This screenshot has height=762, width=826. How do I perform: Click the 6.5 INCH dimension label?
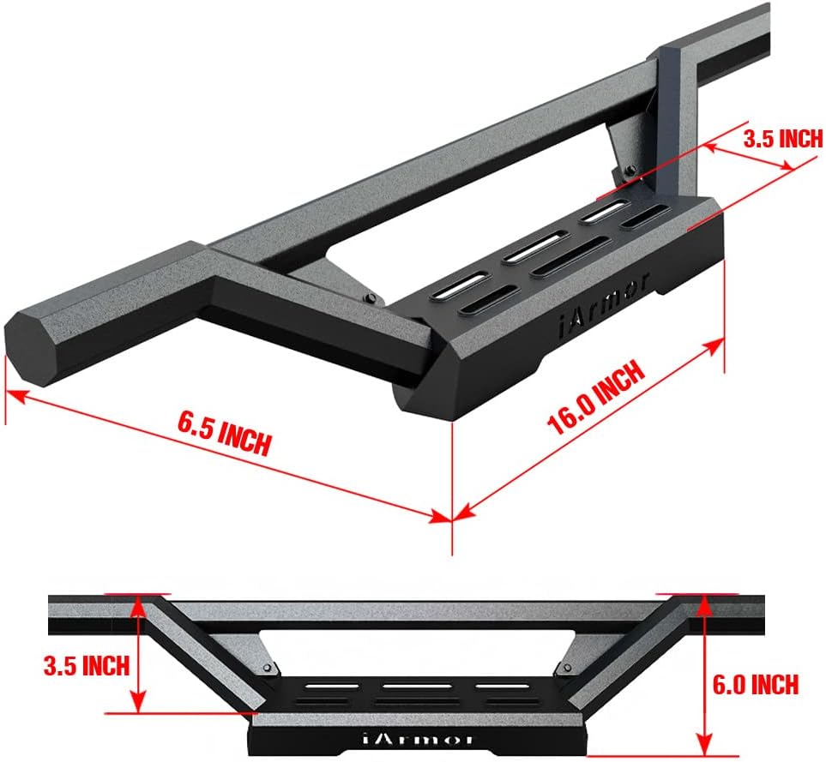(224, 434)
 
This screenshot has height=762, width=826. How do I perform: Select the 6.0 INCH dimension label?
(756, 684)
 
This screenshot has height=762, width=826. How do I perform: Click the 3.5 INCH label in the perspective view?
(783, 138)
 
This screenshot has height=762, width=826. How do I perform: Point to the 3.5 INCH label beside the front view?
(87, 666)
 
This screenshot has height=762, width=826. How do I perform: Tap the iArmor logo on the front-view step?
(417, 739)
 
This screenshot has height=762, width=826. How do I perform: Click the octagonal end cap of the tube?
(29, 346)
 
